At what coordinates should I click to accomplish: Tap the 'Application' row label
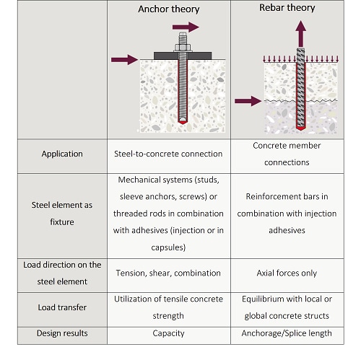point(61,154)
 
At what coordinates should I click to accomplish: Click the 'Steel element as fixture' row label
point(62,214)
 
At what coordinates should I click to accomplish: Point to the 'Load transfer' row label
point(61,308)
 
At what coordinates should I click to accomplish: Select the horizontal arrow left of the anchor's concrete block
point(121,60)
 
